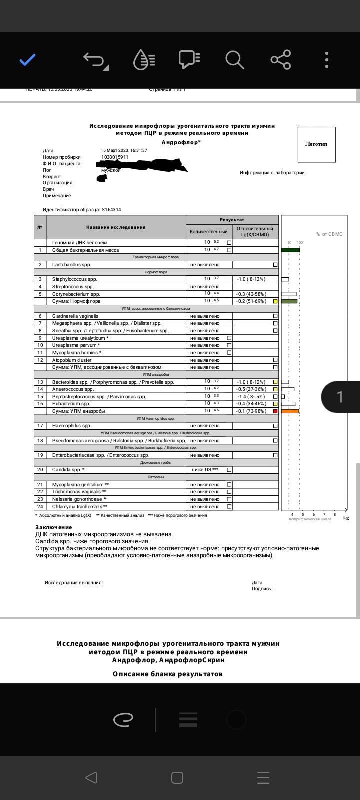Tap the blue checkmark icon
pos(27,60)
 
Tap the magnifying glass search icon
pos(234,60)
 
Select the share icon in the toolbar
pos(281,60)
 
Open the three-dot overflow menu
pos(327,60)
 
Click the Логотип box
pos(316,144)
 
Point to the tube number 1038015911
pos(115,157)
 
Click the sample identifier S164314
pos(111,210)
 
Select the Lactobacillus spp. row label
pos(72,265)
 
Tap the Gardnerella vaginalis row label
pos(75,316)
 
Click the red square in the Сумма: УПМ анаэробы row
pos(275,411)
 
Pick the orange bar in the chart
pos(290,411)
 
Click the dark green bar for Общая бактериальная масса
pos(290,250)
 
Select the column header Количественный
pos(209,232)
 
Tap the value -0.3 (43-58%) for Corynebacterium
pos(251,294)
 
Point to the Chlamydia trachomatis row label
pos(80,507)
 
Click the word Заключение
pos(54,527)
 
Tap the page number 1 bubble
pos(340,397)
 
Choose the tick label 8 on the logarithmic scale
pos(335,514)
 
